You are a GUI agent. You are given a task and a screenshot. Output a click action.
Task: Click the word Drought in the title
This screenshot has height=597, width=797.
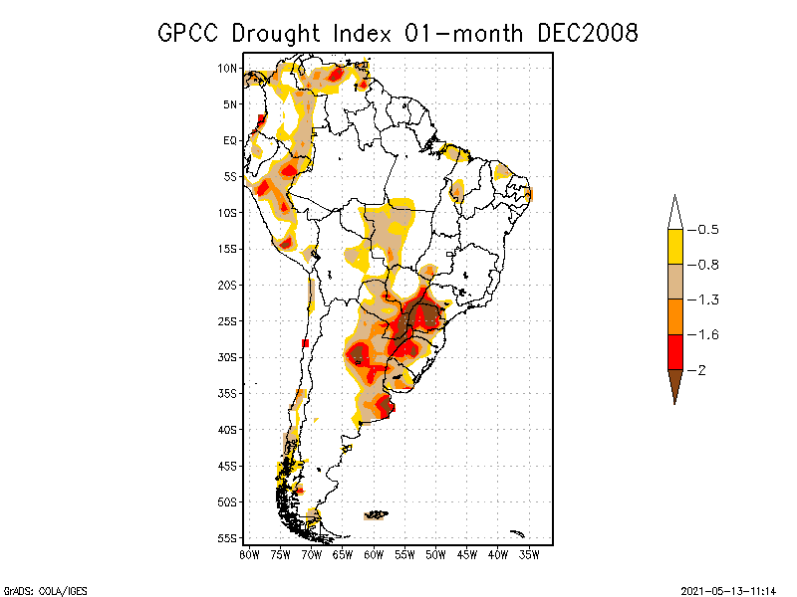point(277,33)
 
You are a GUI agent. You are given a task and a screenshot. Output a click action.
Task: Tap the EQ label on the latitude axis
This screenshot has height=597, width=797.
point(229,140)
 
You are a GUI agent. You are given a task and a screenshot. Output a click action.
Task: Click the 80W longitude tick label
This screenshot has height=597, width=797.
point(249,554)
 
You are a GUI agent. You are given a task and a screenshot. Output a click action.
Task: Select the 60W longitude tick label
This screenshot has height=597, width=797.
point(374,554)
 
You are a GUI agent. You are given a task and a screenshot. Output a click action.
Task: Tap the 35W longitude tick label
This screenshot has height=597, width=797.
point(529,554)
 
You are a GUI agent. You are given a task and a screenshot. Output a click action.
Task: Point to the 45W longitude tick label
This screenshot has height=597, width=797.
point(467,554)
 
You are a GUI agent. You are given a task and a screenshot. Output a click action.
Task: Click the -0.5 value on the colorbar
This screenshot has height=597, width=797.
point(705,230)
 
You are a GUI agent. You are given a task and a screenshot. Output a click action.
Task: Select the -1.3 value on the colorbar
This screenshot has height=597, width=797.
point(705,299)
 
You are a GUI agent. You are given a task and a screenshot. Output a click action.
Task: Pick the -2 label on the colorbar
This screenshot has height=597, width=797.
point(699,369)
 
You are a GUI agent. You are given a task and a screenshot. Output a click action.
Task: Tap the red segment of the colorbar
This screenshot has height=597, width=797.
point(674,351)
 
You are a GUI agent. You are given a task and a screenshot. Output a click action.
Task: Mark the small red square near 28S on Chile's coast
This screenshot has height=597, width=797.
point(305,343)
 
